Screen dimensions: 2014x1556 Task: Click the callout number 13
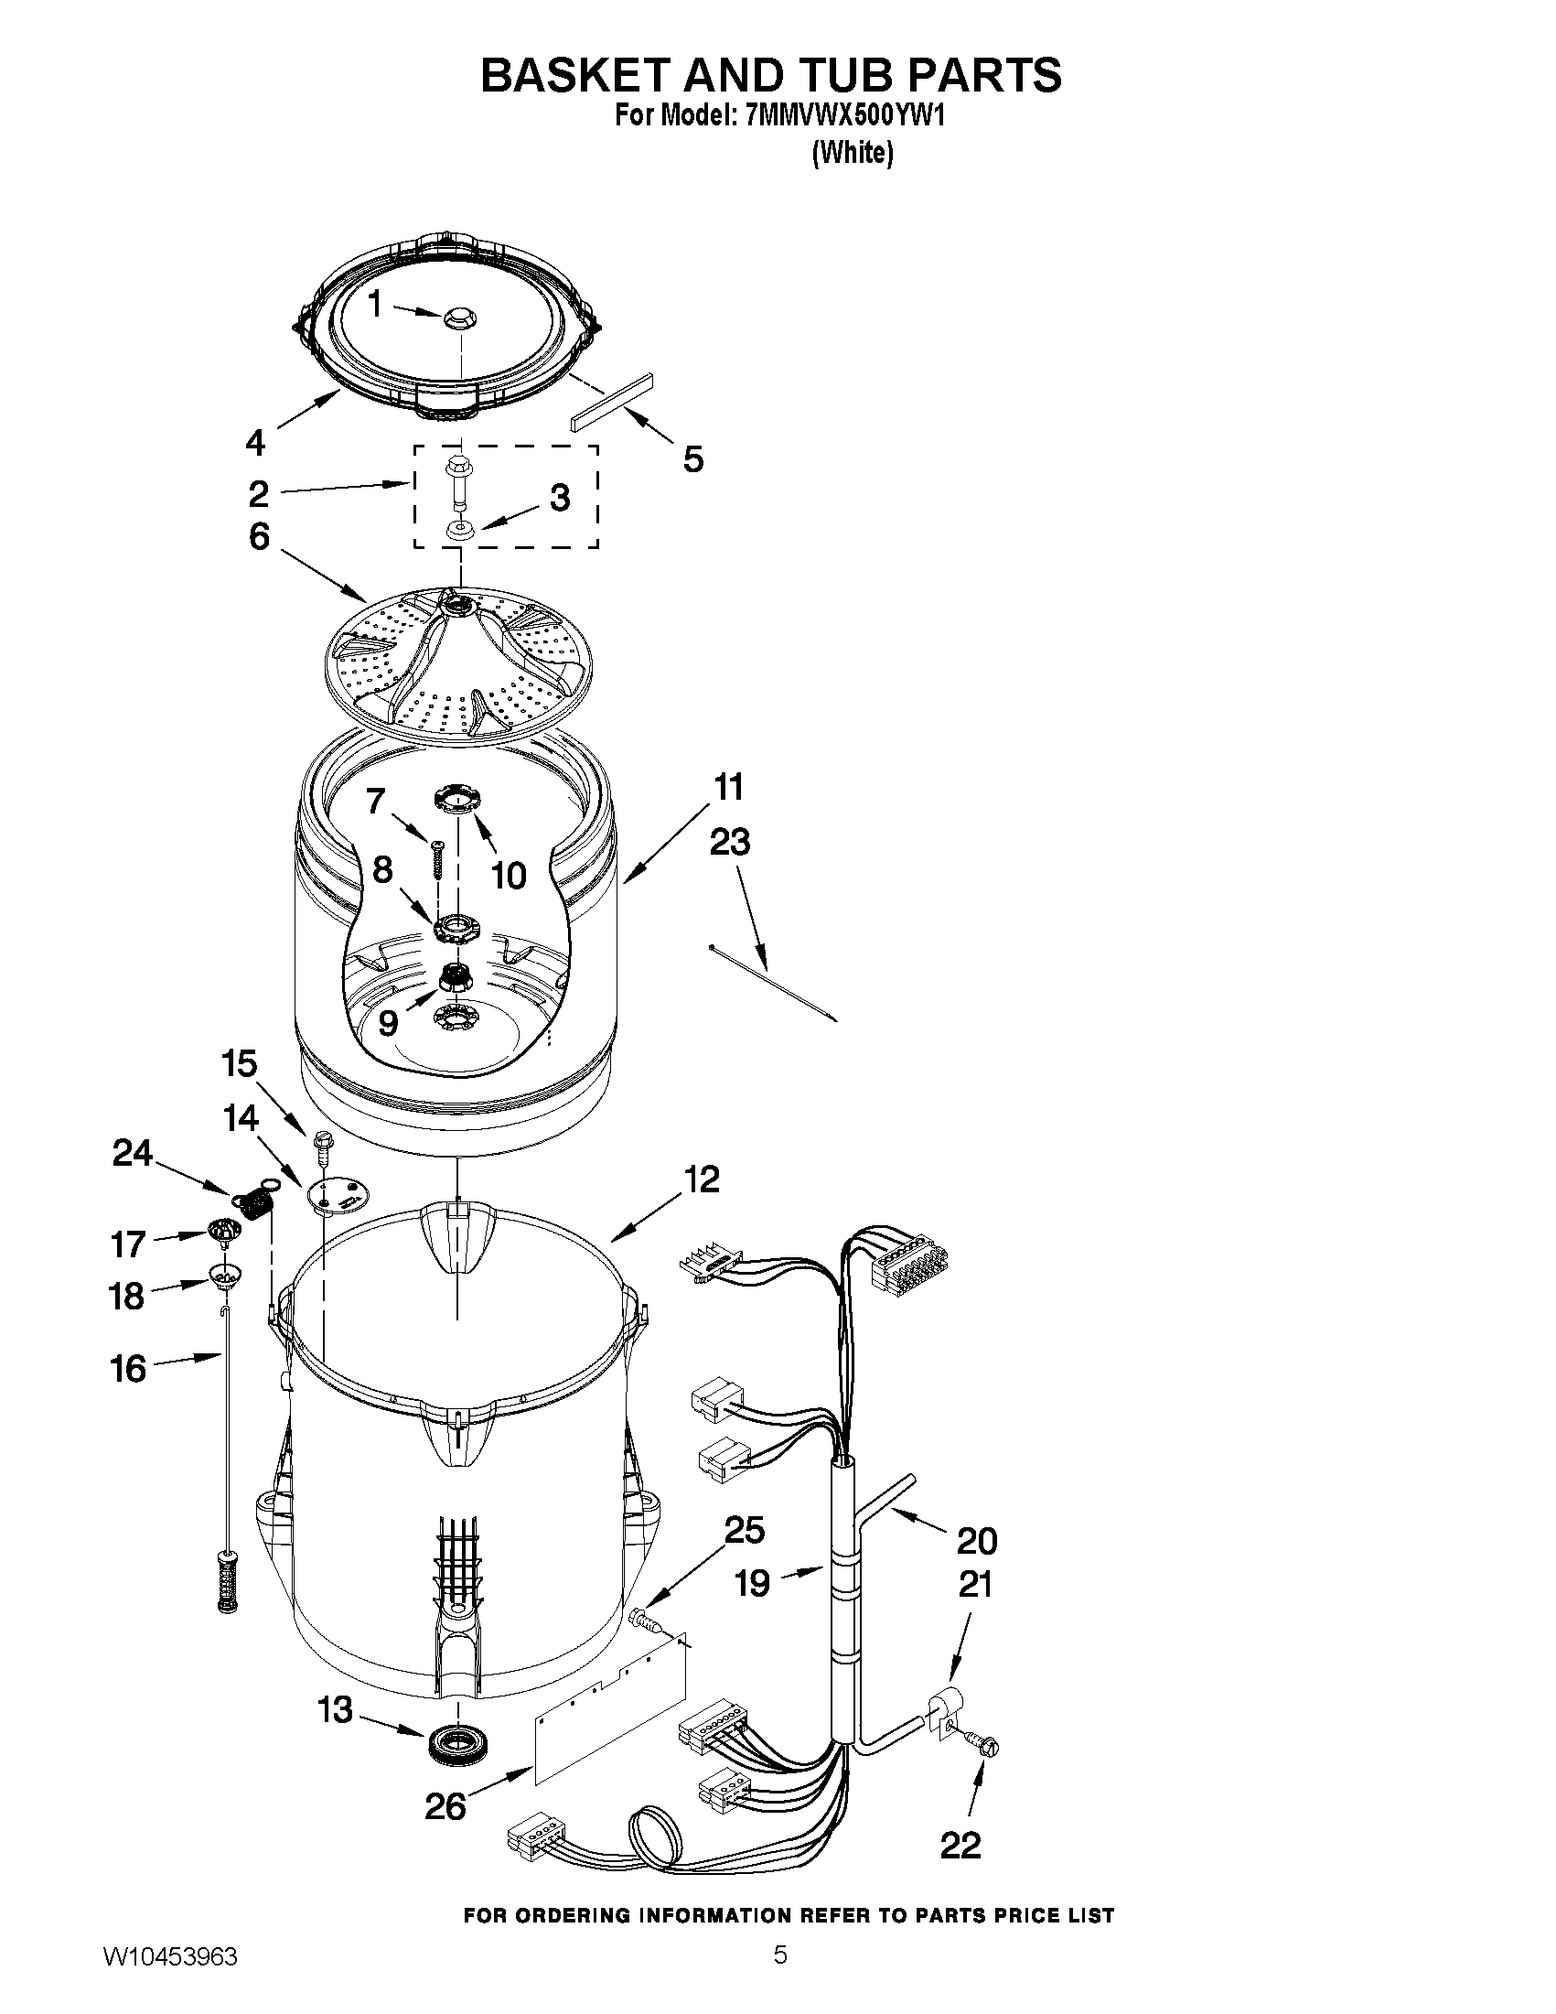pos(335,1709)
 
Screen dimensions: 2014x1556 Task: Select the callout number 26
pos(445,1806)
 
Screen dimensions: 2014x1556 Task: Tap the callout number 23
pos(730,841)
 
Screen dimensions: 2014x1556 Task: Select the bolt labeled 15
pos(325,1144)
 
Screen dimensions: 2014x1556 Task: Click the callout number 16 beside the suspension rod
pos(129,1369)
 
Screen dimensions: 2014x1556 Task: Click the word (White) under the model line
pos(852,153)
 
